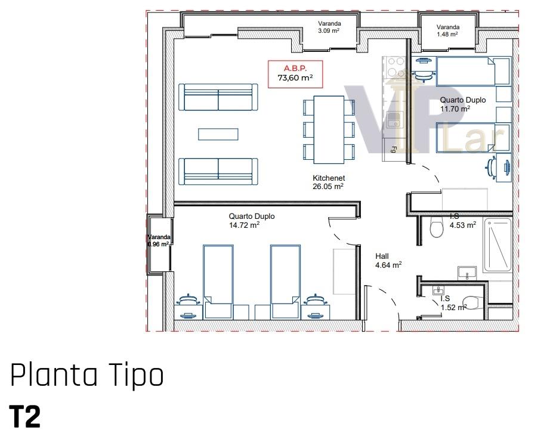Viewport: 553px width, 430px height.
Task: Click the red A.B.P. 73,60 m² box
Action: point(295,74)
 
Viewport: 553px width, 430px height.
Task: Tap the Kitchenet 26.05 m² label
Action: point(328,182)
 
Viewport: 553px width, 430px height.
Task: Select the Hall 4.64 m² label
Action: point(388,261)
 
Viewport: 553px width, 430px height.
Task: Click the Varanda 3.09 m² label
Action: point(329,27)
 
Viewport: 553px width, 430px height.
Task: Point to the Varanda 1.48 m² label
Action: point(447,30)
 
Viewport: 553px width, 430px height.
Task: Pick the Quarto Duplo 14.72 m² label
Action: point(252,221)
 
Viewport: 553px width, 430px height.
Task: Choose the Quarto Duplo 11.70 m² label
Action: point(463,104)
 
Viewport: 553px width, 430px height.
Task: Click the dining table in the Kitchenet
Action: point(329,129)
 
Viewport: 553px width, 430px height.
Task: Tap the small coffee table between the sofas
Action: point(218,134)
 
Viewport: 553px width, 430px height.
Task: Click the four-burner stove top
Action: point(396,67)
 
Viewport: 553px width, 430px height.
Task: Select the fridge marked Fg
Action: point(394,150)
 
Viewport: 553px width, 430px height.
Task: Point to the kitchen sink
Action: point(394,120)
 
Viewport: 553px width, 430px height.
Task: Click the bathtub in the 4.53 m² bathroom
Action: point(498,245)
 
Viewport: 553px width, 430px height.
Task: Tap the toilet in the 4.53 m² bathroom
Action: point(437,227)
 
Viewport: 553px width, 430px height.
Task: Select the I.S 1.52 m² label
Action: point(453,303)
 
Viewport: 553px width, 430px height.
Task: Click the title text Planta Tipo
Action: point(87,375)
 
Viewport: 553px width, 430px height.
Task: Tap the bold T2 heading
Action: point(24,417)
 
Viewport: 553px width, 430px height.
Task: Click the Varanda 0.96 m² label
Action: point(159,241)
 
